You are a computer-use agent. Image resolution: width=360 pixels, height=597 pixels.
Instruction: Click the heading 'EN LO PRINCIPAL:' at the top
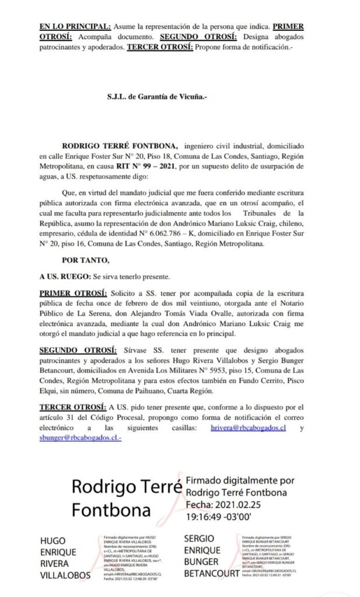click(x=75, y=27)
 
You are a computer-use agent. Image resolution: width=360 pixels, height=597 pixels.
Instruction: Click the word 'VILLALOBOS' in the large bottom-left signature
click(x=65, y=575)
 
